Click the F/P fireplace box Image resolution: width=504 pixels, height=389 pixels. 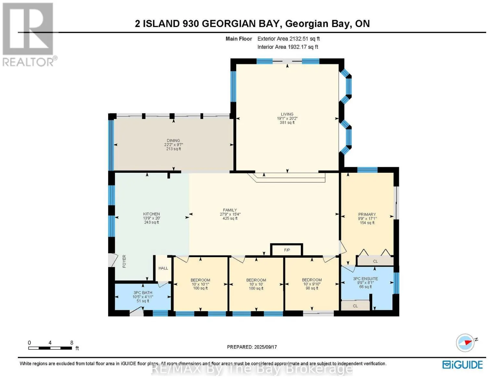[287, 250]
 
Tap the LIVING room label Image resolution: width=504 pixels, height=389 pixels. [287, 114]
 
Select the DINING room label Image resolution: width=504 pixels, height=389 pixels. [173, 140]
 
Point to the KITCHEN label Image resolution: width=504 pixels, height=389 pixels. [151, 214]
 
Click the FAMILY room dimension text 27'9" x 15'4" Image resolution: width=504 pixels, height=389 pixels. [230, 214]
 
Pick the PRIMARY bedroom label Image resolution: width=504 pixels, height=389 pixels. [367, 214]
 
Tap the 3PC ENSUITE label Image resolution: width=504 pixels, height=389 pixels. [365, 279]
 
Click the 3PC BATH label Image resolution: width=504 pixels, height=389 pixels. [143, 293]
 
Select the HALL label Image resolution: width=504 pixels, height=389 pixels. [163, 268]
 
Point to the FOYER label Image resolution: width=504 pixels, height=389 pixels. [124, 261]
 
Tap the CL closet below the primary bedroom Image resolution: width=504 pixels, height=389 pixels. [375, 261]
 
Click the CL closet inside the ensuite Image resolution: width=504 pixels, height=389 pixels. [355, 306]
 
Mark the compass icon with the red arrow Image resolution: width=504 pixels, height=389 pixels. [465, 343]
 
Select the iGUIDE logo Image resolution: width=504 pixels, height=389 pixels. [462, 365]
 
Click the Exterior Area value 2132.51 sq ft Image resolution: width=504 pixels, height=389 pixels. [304, 39]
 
